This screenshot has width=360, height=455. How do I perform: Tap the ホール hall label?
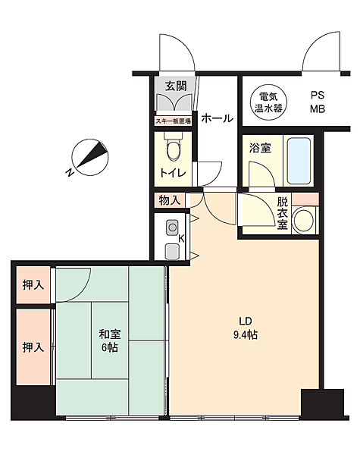(x=217, y=118)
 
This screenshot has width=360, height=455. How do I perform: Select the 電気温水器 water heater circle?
(x=270, y=102)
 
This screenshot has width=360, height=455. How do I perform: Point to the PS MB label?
(x=317, y=102)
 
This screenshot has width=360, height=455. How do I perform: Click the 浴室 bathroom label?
(x=261, y=148)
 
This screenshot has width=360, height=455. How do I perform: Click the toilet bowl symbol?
(x=174, y=148)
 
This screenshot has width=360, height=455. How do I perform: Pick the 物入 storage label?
(x=170, y=200)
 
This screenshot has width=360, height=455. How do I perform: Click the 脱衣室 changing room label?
(x=283, y=213)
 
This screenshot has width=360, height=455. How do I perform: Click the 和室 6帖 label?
(x=108, y=340)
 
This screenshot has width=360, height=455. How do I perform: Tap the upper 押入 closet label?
(x=33, y=285)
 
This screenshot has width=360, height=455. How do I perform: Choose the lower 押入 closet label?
(x=33, y=348)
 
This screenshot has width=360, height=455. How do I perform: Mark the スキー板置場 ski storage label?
(x=174, y=120)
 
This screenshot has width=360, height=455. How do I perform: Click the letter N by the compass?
(x=70, y=174)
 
